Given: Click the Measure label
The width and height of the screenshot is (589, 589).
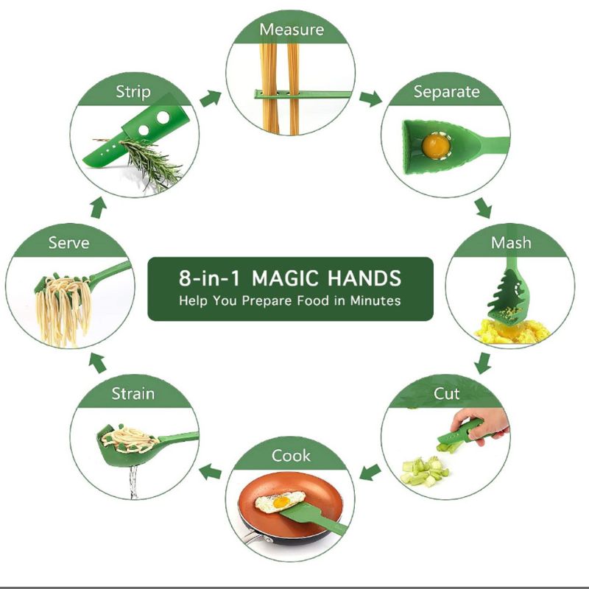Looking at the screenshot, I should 291,30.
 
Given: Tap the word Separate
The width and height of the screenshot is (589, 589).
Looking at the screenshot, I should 446,92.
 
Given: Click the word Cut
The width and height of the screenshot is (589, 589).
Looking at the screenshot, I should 446,393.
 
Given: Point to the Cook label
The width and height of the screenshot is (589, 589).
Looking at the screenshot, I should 291,456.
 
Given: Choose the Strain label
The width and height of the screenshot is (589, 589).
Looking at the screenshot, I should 133,393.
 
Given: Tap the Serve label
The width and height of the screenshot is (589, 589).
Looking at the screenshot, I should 68,242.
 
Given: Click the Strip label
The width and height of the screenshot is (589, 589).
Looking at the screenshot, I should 133,92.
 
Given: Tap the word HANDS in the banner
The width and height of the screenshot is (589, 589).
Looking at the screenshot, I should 365,278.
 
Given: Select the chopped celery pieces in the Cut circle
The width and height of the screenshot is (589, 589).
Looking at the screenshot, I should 424,471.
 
